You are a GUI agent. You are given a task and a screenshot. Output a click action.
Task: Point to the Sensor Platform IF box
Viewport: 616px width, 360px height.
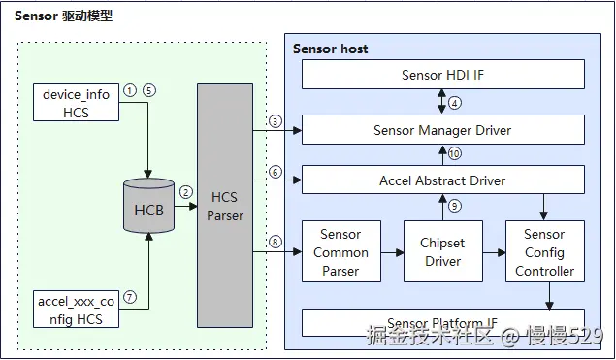click(x=442, y=322)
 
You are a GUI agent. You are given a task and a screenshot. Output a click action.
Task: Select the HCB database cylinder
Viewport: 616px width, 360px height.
click(x=148, y=206)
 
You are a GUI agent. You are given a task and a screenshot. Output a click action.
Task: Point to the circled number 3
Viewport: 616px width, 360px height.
click(x=275, y=121)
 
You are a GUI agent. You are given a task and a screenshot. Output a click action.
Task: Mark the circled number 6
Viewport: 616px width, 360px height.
click(x=275, y=172)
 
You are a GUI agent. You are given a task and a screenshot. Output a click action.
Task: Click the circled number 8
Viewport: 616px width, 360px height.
click(x=275, y=243)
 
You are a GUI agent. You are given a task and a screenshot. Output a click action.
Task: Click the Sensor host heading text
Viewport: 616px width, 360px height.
click(x=331, y=49)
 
